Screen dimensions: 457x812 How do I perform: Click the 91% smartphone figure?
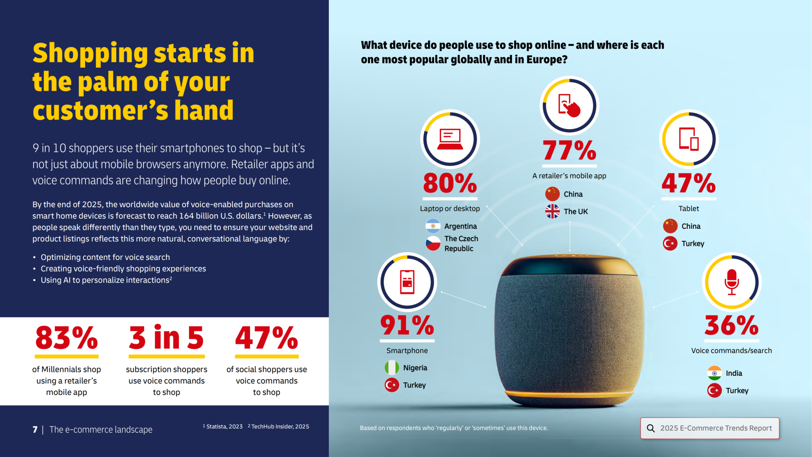click(x=407, y=325)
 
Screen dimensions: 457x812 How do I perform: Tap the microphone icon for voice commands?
click(x=732, y=282)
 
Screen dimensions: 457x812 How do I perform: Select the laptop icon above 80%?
click(x=450, y=139)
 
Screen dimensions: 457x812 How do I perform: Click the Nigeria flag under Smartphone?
click(x=392, y=368)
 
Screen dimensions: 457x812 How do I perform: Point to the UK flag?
click(x=553, y=211)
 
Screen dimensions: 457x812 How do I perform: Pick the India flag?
click(x=715, y=373)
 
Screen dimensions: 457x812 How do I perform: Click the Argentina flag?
click(x=433, y=226)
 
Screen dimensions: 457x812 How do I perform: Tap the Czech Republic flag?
click(x=433, y=243)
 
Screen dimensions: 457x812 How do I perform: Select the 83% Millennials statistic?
click(x=67, y=338)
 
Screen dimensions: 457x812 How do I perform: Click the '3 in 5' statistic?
click(x=166, y=338)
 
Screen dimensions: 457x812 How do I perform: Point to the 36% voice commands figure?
click(x=732, y=325)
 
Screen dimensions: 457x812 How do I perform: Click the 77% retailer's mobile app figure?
click(x=570, y=151)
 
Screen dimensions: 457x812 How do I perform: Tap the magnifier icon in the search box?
click(x=651, y=428)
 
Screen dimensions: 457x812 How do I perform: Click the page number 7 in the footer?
click(x=35, y=429)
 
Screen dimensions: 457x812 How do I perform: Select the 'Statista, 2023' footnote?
click(x=224, y=427)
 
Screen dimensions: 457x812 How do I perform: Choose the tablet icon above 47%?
click(x=689, y=139)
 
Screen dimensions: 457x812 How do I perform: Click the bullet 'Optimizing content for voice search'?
click(x=105, y=257)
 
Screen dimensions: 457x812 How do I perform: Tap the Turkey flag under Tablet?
click(x=670, y=243)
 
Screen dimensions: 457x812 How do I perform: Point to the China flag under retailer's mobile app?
click(x=553, y=194)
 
